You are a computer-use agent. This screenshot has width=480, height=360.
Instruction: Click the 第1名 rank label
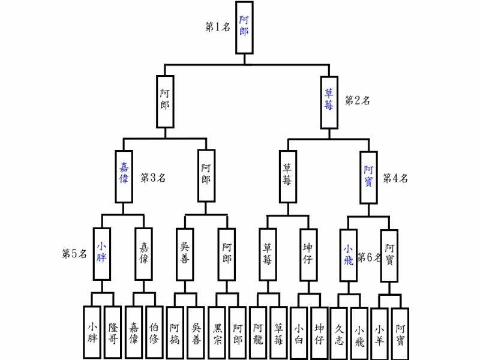218,27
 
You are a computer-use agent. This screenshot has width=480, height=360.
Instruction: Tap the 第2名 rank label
357,100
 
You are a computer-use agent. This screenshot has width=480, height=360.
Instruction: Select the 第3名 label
153,178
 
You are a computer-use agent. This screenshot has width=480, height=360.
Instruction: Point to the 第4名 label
395,178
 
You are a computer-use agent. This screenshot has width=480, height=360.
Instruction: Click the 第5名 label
75,254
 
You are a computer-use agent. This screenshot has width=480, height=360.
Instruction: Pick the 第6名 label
369,257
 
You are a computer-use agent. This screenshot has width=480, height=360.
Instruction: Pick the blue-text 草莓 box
329,101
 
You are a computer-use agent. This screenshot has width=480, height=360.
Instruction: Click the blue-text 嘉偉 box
124,176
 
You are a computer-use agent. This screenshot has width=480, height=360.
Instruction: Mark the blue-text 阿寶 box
369,176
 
